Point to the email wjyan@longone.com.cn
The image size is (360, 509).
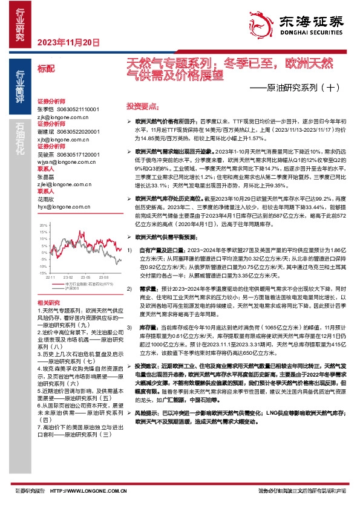click(x=59, y=161)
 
